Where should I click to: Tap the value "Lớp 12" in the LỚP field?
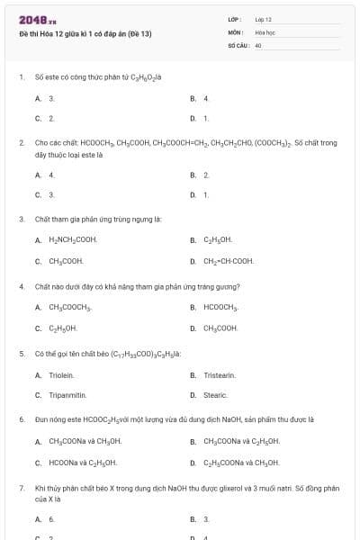tap(264, 19)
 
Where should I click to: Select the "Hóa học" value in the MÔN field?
tap(265, 31)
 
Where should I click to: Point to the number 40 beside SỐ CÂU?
tap(258, 44)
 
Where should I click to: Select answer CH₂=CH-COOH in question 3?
tap(229, 261)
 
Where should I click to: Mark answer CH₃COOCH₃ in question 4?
tap(69, 308)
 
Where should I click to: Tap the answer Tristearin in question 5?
tap(220, 374)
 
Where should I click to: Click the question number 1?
tap(21, 76)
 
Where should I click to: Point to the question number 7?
tap(21, 487)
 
